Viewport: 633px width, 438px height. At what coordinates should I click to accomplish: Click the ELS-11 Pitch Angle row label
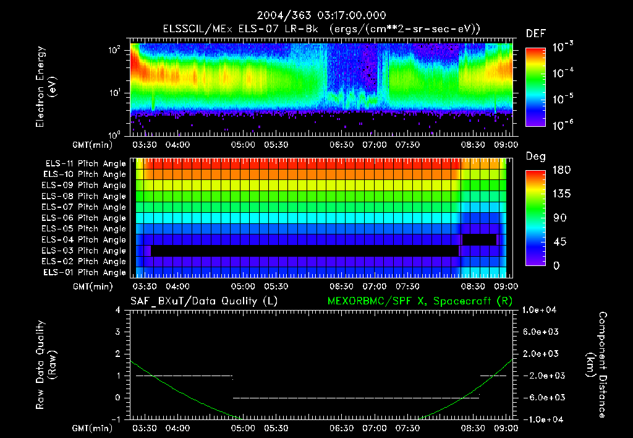tap(85, 163)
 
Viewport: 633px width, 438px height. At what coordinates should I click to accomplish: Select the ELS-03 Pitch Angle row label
tap(85, 251)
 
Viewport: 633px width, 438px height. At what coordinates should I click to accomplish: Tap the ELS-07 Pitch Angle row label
tap(85, 207)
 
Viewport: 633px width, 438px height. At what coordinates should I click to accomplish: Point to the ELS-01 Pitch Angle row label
tap(85, 272)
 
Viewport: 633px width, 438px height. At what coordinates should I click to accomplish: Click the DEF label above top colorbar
tap(535, 34)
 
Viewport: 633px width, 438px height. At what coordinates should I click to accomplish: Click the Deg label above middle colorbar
tap(535, 157)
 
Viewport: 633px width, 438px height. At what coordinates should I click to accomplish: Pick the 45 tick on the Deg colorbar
tap(557, 242)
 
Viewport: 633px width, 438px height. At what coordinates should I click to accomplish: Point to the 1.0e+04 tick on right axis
tap(541, 309)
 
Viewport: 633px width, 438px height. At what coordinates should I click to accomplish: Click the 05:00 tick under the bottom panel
tap(243, 428)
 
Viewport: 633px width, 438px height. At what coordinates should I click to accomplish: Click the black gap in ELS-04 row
tap(480, 239)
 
